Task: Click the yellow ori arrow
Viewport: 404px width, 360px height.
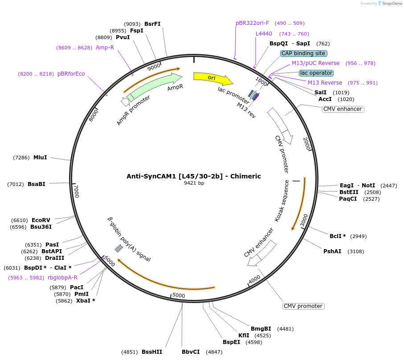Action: [212, 77]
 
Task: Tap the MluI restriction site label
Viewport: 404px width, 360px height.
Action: [40, 157]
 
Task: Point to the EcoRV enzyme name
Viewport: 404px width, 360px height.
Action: [41, 220]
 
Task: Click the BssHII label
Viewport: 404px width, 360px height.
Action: [152, 352]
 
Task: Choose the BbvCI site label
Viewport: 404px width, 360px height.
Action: [191, 352]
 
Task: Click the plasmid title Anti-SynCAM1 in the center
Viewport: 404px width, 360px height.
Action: [194, 176]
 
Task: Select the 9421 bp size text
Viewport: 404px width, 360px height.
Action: [194, 183]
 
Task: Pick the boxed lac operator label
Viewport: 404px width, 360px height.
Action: [316, 73]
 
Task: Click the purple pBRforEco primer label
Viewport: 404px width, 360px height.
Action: [71, 74]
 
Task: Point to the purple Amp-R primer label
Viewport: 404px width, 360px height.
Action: [105, 48]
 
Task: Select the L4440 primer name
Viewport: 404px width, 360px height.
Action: [264, 34]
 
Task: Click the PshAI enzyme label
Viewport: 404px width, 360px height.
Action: [332, 251]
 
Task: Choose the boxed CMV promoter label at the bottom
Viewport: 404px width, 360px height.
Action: [303, 306]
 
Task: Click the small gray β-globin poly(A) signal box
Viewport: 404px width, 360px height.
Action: [119, 248]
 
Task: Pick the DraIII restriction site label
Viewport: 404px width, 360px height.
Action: [55, 258]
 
